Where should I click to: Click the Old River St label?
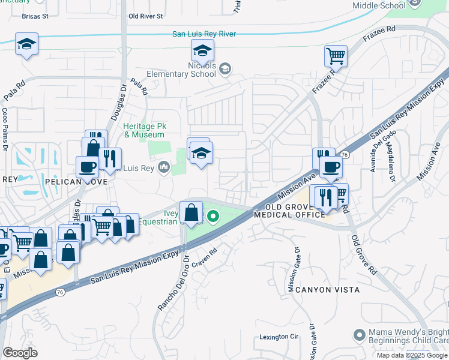146,16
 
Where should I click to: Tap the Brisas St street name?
34,17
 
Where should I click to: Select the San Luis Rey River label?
204,34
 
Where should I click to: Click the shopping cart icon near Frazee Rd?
336,56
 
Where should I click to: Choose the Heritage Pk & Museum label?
145,130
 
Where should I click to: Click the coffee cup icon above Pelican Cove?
87,166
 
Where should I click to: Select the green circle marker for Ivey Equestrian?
212,216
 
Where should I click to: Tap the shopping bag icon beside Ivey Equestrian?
191,212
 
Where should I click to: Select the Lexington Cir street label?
279,337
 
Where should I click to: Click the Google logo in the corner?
20,353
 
